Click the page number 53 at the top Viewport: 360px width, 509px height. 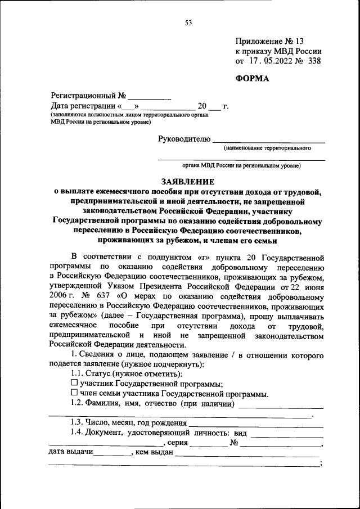(188, 22)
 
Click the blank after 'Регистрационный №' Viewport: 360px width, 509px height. (149, 96)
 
